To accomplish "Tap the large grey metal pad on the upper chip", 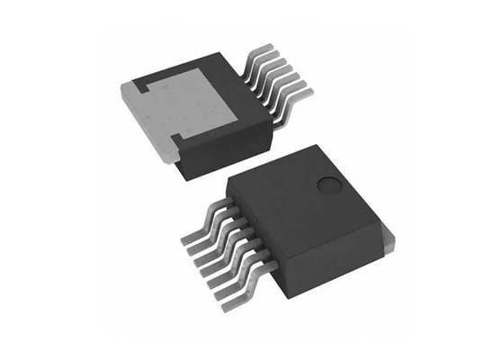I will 184,108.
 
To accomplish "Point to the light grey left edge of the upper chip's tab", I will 135,112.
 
